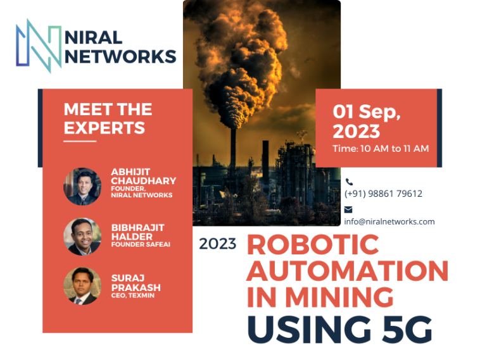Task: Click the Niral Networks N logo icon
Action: tap(39, 46)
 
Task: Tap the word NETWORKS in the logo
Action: tap(120, 56)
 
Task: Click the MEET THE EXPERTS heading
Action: tap(108, 118)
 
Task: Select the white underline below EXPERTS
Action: tap(80, 141)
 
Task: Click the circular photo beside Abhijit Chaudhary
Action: tap(82, 186)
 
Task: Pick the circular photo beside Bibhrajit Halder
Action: tap(82, 237)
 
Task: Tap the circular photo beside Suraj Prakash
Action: tap(82, 286)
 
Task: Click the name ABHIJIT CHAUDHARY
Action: tap(143, 177)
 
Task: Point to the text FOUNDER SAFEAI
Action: tap(141, 244)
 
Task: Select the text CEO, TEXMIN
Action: tap(133, 295)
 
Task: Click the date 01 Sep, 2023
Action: tap(367, 121)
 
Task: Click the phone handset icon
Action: tap(349, 182)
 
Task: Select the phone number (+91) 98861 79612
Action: tap(383, 194)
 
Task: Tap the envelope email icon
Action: tap(348, 209)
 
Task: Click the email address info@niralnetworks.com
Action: tap(389, 221)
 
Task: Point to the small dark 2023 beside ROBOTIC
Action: tap(218, 244)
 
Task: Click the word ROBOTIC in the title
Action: tap(313, 244)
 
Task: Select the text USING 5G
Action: tap(339, 329)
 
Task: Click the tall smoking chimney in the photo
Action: tap(233, 159)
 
